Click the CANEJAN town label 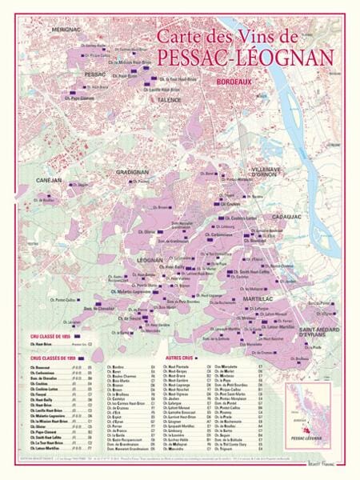(x=50, y=181)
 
